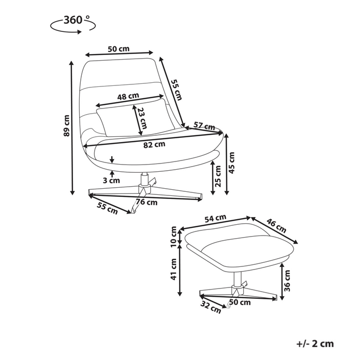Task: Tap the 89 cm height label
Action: point(66,125)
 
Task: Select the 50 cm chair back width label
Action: point(118,49)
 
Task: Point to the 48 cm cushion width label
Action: point(128,96)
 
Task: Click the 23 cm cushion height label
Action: point(142,118)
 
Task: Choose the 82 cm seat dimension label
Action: point(154,145)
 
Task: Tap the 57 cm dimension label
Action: point(204,126)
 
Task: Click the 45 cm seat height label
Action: point(232,163)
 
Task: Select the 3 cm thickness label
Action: point(112,181)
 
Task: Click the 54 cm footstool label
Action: point(215,218)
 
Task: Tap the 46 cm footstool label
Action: point(276,226)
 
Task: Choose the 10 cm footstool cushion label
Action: point(174,237)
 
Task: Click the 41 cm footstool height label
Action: point(174,269)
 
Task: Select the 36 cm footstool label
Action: point(287,281)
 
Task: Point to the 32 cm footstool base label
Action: point(210,307)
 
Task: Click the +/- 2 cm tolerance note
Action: point(315,344)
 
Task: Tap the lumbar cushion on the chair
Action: point(135,118)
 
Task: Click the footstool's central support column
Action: point(238,279)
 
